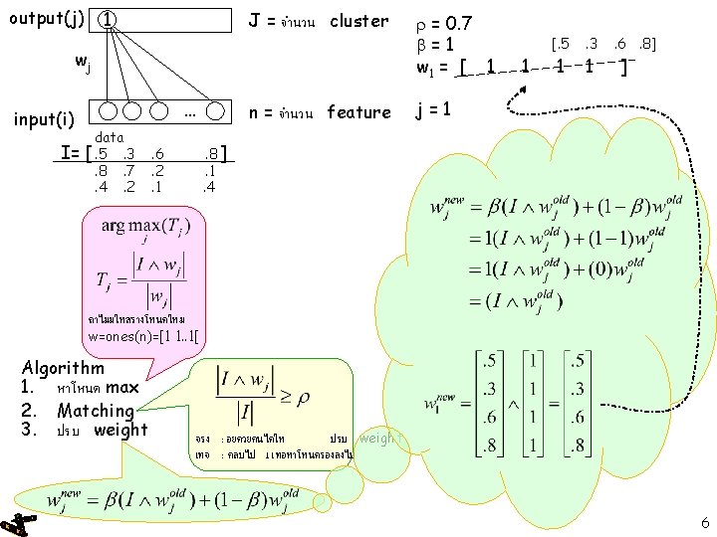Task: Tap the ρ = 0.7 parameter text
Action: point(444,22)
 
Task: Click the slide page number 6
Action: point(704,522)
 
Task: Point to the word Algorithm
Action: point(64,367)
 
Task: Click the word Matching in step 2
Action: point(96,410)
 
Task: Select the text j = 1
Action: point(437,111)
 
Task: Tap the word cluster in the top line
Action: point(358,21)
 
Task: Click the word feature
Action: point(358,112)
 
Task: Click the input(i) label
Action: point(44,120)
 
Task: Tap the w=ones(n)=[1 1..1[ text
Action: point(143,336)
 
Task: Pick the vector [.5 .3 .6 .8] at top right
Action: point(596,45)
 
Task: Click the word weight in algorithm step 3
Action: point(119,430)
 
